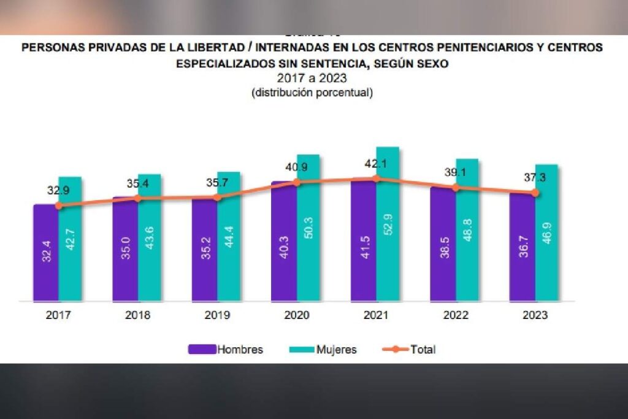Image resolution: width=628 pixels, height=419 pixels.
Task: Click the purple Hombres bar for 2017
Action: coord(46,253)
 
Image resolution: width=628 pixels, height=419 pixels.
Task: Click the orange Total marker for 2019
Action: coord(217,197)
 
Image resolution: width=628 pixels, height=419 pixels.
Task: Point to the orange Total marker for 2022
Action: coord(455,188)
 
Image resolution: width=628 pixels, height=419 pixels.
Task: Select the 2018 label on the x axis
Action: coord(138,316)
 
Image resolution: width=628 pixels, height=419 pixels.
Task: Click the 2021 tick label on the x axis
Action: coord(376,316)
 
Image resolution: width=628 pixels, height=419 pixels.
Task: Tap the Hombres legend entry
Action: coord(226,350)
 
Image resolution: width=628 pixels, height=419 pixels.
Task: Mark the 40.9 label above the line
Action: coord(295,166)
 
